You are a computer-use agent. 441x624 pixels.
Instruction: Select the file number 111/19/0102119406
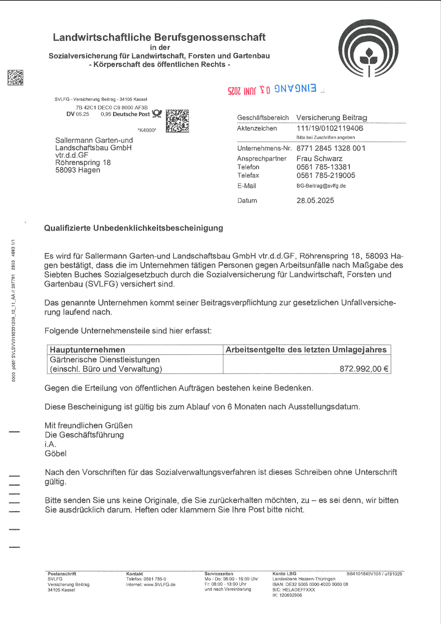pos(330,128)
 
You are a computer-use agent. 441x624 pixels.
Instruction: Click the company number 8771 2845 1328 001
pos(331,148)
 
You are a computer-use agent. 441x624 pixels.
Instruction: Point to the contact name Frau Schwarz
pos(319,158)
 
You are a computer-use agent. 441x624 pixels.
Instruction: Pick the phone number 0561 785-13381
pos(324,167)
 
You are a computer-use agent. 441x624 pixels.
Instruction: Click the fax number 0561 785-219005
pos(325,175)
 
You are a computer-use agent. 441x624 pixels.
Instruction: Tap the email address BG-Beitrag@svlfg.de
pos(321,186)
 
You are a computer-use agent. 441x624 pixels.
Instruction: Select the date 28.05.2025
pos(315,200)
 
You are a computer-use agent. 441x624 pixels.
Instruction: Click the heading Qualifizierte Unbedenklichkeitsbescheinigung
pos(134,228)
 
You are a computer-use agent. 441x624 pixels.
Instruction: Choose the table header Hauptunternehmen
pos(87,350)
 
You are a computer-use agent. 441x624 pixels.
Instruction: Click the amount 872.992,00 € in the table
pos(364,369)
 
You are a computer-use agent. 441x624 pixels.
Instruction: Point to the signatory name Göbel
pos(56,454)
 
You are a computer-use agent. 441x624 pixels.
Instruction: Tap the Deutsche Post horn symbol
pos(157,114)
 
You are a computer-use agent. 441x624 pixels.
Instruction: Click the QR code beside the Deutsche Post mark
pos(177,121)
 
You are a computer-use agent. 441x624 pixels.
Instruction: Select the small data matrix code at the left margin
pos(15,77)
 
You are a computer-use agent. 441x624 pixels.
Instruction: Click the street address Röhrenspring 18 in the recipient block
pos(83,162)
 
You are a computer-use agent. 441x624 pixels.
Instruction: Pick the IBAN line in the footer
pos(310,584)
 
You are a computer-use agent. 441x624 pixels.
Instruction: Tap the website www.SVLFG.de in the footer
pos(160,584)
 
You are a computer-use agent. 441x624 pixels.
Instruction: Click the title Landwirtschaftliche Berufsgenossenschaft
pos(159,38)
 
